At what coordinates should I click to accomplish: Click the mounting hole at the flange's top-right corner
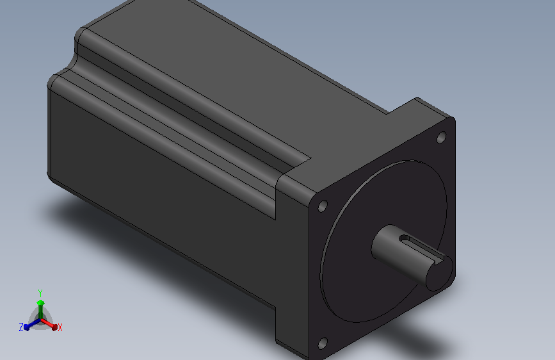click(442, 137)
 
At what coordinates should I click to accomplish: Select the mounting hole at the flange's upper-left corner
click(323, 206)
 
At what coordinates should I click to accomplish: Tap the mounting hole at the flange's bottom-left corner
click(323, 343)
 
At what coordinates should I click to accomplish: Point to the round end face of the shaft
click(439, 274)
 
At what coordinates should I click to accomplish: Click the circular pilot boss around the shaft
click(383, 241)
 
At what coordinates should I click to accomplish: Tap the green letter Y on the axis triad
click(40, 293)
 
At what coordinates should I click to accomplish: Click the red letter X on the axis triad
click(60, 327)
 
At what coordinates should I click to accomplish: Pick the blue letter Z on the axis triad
click(21, 327)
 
